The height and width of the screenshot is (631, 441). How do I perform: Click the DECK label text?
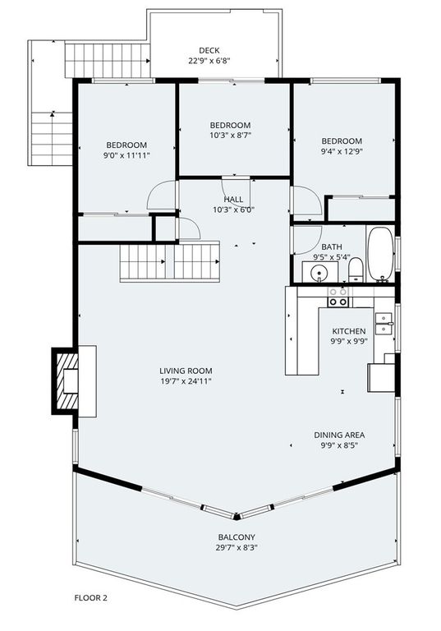209,49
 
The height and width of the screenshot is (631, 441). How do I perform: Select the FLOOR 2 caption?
90,598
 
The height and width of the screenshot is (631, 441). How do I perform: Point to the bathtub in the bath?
379,254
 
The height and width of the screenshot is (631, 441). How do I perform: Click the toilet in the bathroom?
355,270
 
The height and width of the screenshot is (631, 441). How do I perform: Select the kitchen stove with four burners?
338,297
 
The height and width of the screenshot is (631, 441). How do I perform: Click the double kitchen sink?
384,323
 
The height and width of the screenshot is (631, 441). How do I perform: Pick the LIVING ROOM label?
186,371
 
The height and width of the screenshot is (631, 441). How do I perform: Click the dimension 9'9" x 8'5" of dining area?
339,445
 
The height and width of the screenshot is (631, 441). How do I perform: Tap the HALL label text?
233,199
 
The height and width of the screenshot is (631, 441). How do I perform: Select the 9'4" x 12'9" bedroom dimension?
342,151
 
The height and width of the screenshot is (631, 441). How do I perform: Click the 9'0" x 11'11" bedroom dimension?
126,155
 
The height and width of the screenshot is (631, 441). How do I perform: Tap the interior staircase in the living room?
170,263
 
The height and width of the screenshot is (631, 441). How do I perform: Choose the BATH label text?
332,246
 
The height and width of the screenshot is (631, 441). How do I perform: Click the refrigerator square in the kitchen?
381,377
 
